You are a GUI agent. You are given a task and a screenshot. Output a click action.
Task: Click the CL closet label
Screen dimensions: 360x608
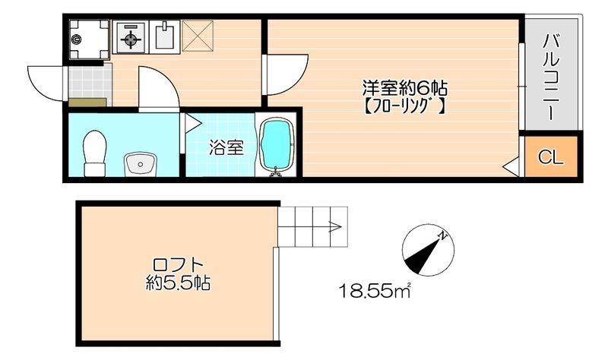[551, 157]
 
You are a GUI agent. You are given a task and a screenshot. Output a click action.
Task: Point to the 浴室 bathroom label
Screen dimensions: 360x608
[226, 147]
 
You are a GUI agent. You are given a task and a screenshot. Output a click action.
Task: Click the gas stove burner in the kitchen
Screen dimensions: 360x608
[131, 37]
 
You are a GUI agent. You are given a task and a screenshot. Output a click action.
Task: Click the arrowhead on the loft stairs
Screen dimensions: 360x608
[333, 225]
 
